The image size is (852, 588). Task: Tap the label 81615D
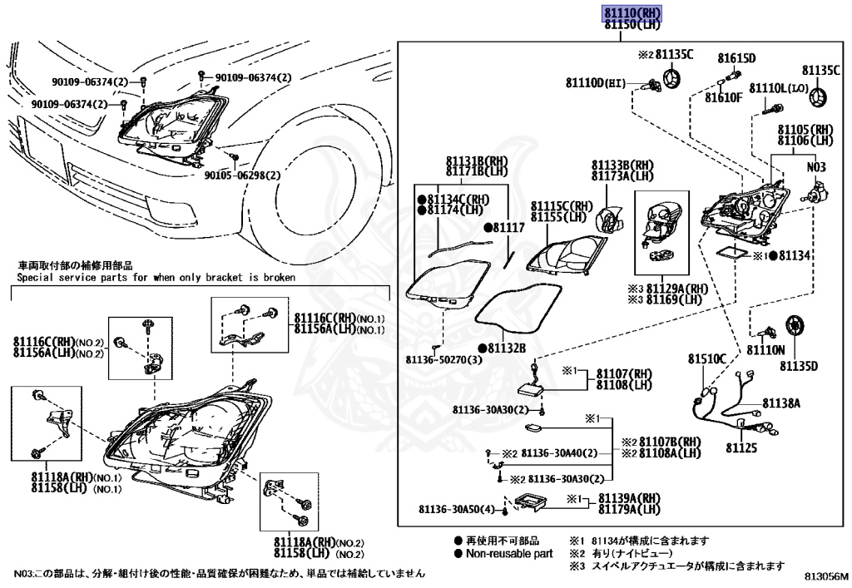[x=736, y=58]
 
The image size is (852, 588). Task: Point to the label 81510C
[x=706, y=358]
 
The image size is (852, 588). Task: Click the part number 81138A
[x=782, y=403]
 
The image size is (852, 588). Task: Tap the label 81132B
[x=507, y=348]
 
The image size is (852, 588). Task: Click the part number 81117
[x=508, y=226]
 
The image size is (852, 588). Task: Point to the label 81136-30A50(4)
[x=456, y=509]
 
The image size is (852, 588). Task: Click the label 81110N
[x=765, y=351]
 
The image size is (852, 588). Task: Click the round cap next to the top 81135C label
[x=671, y=80]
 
